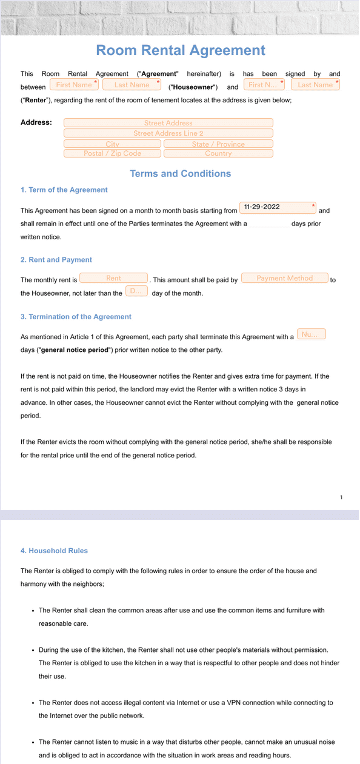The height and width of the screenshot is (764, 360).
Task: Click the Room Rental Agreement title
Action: point(180,50)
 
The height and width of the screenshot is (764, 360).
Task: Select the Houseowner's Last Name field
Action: point(132,85)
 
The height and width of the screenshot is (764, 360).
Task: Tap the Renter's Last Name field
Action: point(315,85)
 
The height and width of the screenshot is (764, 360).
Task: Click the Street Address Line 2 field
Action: point(168,133)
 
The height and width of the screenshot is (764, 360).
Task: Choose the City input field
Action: point(113,144)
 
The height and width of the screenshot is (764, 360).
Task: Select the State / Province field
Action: point(218,144)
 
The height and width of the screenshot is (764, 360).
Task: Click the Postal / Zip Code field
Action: point(113,153)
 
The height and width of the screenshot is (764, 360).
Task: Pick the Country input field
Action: point(218,153)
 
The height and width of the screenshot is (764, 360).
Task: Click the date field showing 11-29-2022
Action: point(278,207)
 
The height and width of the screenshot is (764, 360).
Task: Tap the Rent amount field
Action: point(114,278)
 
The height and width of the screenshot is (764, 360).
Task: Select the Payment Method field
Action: point(284,278)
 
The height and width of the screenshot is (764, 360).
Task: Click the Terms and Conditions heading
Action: point(180,174)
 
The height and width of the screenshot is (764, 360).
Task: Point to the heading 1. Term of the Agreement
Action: point(64,190)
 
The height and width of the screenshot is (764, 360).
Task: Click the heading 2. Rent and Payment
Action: point(56,260)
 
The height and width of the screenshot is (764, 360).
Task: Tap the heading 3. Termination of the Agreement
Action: point(76,317)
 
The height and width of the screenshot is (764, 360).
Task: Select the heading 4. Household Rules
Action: point(54,551)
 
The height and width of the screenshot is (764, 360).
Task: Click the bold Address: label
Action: point(36,122)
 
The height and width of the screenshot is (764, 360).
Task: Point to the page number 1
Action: point(341,497)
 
